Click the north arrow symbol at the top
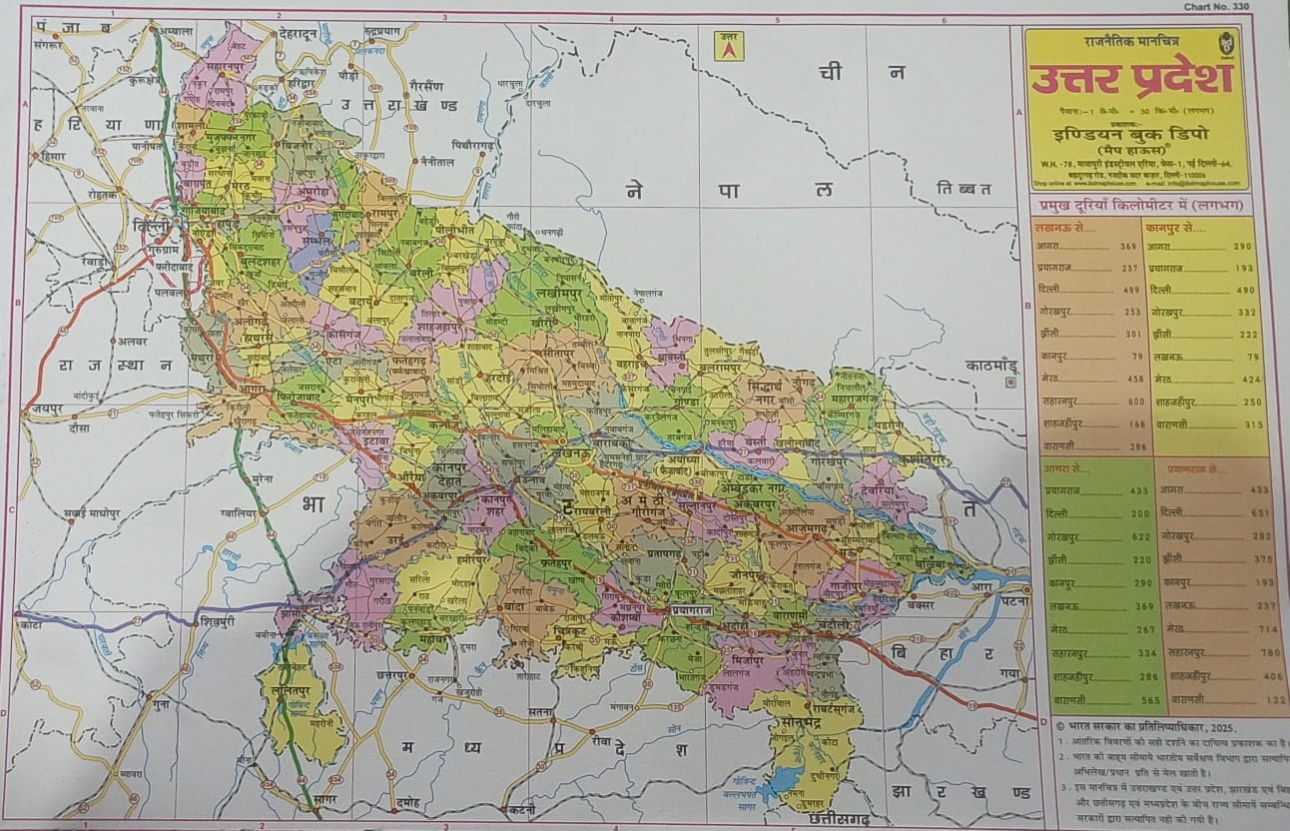(729, 46)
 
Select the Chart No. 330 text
(1221, 7)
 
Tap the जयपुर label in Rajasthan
(44, 410)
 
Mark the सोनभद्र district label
(801, 720)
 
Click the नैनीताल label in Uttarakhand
(436, 161)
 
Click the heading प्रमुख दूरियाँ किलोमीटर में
(1136, 205)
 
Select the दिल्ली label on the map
(155, 229)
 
